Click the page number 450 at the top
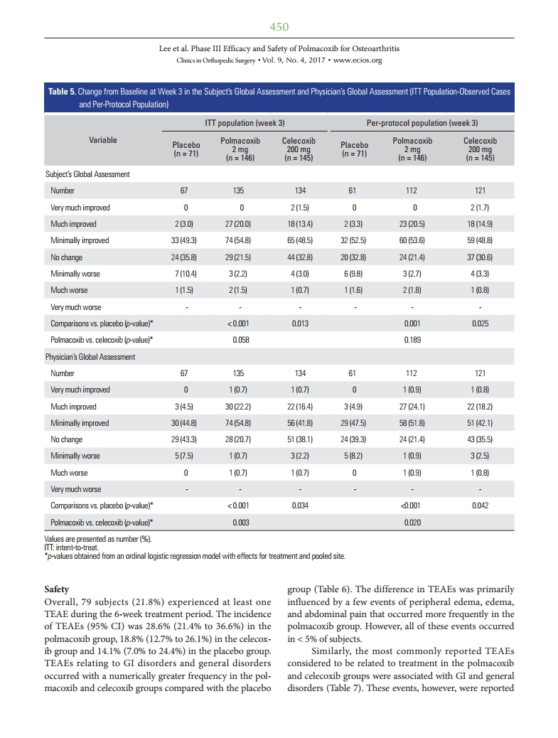coord(279,27)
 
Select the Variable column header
coord(103,141)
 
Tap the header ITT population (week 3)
coord(245,123)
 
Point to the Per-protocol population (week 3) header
coord(417,123)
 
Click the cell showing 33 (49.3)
coord(185,240)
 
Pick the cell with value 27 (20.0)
coord(242,224)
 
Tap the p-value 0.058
coord(242,340)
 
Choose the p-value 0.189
coord(412,340)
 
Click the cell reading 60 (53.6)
coord(412,240)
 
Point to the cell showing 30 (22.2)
coord(242,407)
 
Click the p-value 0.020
coord(412,523)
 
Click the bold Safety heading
coord(56,590)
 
